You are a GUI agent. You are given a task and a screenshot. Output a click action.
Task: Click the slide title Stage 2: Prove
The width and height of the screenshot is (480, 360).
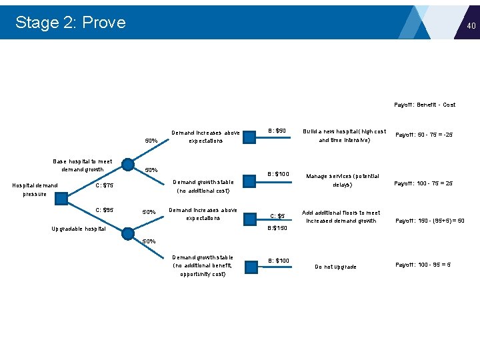tap(70, 22)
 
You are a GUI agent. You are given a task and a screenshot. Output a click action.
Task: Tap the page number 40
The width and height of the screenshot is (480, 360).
tap(471, 26)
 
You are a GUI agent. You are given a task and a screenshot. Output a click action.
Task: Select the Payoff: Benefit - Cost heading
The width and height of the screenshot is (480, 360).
tap(425, 105)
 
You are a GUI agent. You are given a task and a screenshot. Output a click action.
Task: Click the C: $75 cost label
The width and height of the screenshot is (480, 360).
tap(105, 185)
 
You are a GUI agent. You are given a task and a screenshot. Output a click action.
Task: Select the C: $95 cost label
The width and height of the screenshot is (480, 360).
tap(105, 210)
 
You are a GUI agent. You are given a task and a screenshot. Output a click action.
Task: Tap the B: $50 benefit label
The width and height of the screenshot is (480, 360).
tap(277, 131)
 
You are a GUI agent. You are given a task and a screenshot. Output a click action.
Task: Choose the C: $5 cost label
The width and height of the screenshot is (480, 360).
tap(277, 216)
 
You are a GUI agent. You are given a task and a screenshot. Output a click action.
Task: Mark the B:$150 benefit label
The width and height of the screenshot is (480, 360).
tap(277, 228)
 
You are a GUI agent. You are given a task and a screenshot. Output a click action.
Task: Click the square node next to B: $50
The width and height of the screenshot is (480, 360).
tap(249, 137)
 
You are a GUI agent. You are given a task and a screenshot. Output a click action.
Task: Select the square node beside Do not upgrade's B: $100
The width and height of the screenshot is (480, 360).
tap(251, 267)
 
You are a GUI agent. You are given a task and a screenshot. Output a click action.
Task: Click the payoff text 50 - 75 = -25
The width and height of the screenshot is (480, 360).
tap(424, 135)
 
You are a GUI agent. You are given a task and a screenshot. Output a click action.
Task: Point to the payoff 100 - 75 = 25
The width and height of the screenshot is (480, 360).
tap(423, 183)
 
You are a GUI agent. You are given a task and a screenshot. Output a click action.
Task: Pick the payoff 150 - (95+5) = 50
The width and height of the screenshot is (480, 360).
tap(429, 221)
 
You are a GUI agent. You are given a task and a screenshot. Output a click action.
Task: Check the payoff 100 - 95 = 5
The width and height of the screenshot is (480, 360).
tap(423, 265)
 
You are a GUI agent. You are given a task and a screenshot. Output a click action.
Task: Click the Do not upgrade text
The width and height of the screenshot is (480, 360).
tap(335, 267)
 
